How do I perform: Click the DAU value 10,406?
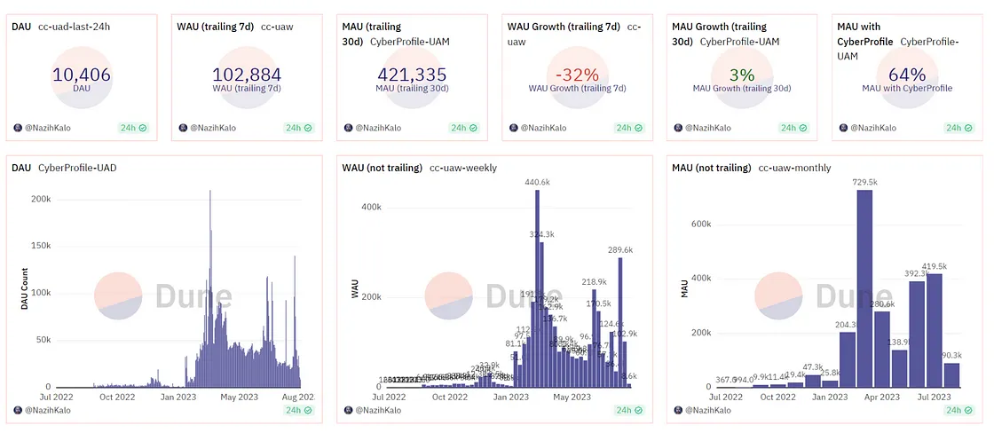pyautogui.click(x=82, y=75)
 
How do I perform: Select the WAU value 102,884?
pyautogui.click(x=247, y=75)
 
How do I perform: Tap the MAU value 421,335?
pyautogui.click(x=411, y=75)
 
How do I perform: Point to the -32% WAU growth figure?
pyautogui.click(x=577, y=75)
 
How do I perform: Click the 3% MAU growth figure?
pyautogui.click(x=741, y=75)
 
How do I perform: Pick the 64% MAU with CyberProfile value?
pyautogui.click(x=907, y=75)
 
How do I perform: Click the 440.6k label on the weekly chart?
pyautogui.click(x=538, y=183)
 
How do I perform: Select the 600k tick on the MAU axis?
pyautogui.click(x=700, y=224)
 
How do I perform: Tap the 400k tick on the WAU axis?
pyautogui.click(x=371, y=207)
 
